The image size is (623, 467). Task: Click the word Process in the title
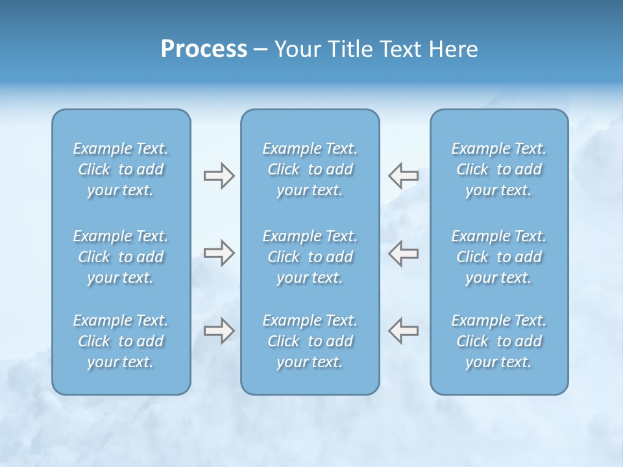tap(204, 49)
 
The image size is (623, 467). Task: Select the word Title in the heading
tap(350, 49)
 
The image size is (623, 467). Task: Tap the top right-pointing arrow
tap(219, 175)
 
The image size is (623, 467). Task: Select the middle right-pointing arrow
tap(219, 253)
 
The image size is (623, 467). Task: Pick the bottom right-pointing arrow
tap(219, 331)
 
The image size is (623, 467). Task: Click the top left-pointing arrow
tap(403, 175)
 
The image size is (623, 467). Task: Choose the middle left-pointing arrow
tap(403, 253)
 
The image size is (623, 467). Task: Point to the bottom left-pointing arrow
tap(403, 331)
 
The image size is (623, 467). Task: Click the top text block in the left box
tap(121, 169)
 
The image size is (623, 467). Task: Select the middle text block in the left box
tap(121, 257)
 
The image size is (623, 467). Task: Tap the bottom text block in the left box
tap(121, 341)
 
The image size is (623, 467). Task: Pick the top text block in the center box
tap(310, 169)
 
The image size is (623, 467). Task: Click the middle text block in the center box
tap(310, 257)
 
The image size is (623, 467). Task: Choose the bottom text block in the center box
tap(310, 341)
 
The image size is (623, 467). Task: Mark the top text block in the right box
tap(499, 169)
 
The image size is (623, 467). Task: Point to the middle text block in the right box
tap(499, 257)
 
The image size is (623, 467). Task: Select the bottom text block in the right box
tap(499, 341)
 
